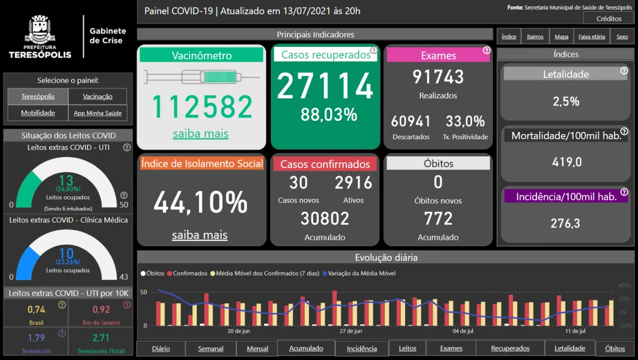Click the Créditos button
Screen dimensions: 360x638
coord(609,19)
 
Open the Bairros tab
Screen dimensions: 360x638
coord(535,37)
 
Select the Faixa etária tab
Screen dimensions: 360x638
coord(592,37)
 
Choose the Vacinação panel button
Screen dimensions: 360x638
coord(97,97)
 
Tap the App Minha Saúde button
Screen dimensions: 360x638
coord(97,113)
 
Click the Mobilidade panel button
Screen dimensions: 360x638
coord(38,113)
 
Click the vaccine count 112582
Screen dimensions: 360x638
coord(202,107)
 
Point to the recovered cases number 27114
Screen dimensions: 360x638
coord(325,86)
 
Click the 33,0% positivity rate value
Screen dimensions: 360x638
coord(465,121)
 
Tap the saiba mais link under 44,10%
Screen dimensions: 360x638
coord(199,235)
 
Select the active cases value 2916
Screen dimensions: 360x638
coord(354,183)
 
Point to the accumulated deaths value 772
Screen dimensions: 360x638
coord(438,219)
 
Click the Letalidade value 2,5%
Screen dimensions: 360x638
coord(566,102)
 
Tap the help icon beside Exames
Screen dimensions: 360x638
coord(486,51)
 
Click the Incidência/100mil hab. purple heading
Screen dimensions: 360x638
coord(566,196)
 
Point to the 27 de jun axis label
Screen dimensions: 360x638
coord(351,331)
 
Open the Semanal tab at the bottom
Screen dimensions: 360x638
coord(211,349)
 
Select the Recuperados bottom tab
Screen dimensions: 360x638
coord(510,348)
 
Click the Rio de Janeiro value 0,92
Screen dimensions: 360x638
coord(101,309)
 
